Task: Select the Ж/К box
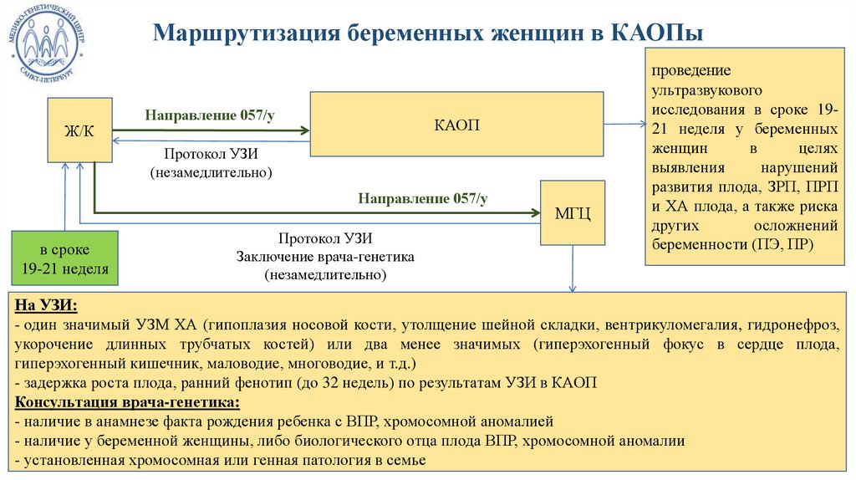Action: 79,130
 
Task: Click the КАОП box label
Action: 457,125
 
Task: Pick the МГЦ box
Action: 573,212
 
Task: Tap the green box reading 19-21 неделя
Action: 64,260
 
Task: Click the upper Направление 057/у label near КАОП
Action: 210,115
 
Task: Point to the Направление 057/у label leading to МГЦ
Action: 423,198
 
